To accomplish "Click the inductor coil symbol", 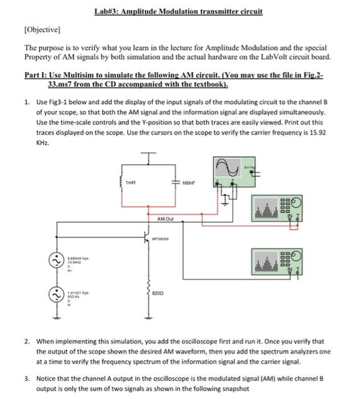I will click(121, 184).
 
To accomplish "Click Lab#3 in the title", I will click(110, 11).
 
